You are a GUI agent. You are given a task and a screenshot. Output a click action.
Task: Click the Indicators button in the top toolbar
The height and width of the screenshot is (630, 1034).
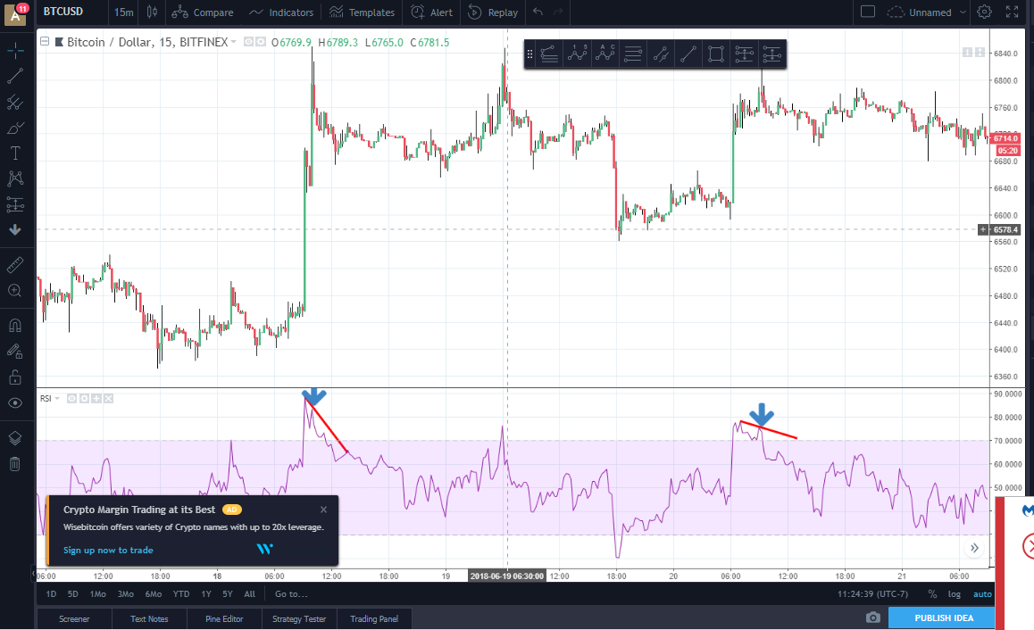coord(281,12)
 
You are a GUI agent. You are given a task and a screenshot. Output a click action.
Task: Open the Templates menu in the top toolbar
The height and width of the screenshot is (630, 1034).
coord(362,12)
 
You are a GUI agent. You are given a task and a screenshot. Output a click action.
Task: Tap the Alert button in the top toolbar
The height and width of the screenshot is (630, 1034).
coord(431,12)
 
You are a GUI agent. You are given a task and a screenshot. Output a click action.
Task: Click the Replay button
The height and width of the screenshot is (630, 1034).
coord(492,12)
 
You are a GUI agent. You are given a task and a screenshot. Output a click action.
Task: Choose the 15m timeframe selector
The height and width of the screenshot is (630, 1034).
coord(123,12)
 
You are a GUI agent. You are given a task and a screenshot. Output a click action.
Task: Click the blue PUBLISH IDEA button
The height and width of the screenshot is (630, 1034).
coord(943,618)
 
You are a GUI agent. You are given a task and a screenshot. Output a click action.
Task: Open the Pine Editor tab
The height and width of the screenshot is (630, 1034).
coord(224,618)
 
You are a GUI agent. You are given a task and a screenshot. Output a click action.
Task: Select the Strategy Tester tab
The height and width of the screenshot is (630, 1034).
coord(299,618)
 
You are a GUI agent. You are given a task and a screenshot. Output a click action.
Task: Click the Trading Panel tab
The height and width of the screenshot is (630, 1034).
coord(375,618)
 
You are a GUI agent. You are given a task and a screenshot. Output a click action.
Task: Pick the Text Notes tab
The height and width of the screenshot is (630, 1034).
coord(149,618)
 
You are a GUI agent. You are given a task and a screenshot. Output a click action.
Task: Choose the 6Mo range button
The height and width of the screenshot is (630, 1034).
coord(154,593)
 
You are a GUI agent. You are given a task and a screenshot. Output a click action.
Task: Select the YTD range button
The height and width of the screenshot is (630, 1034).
coord(181,593)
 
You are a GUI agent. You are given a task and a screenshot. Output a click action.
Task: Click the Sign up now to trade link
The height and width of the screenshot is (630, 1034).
coord(108,550)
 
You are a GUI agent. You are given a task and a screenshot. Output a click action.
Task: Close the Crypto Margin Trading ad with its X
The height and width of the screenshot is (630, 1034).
coord(323,510)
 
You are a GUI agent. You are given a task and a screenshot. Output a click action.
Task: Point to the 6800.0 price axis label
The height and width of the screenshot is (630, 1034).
coord(1005,80)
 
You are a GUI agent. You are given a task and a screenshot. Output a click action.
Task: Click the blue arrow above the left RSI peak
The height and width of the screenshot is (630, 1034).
coord(313,396)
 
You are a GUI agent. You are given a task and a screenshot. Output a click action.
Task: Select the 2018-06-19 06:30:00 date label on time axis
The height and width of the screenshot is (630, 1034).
coord(507,576)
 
